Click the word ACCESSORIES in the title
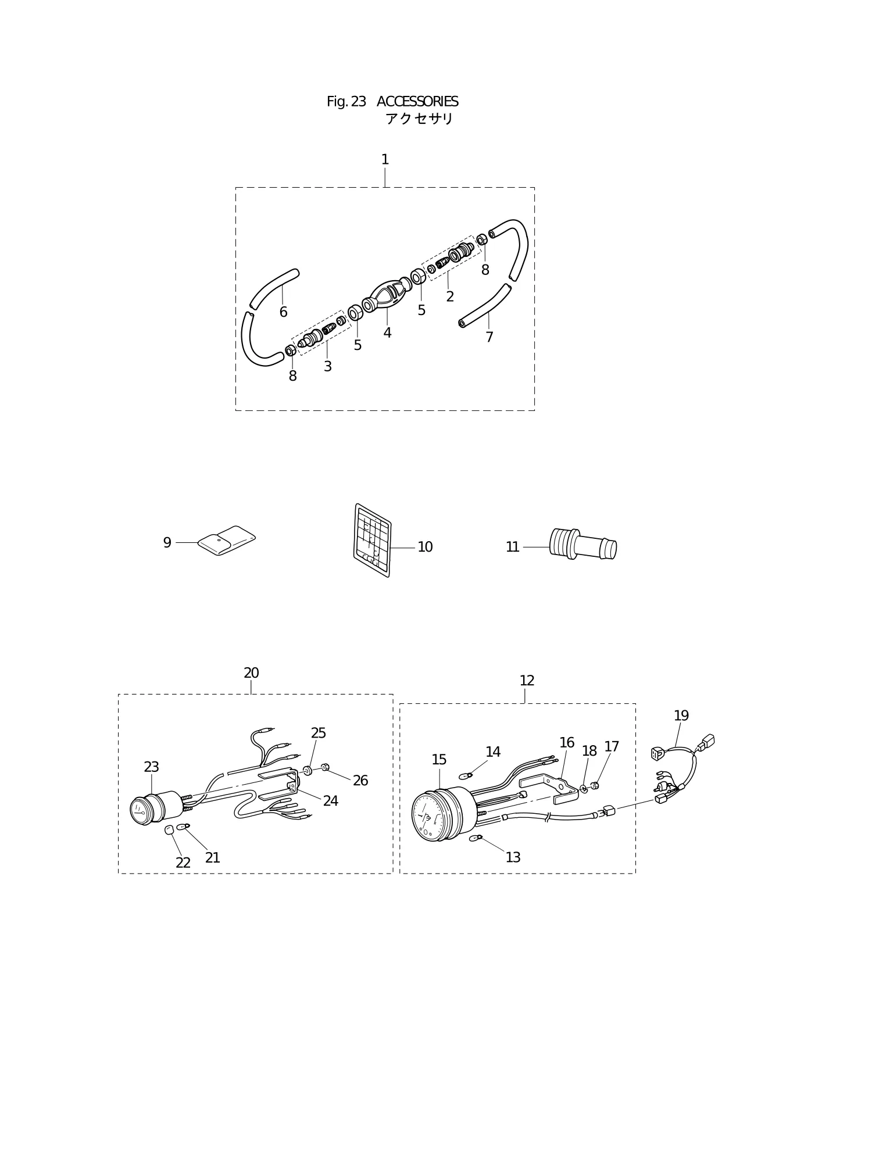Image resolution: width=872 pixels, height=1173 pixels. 417,102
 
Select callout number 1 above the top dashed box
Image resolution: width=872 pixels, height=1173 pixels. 385,159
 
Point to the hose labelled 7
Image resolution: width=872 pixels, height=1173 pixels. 485,306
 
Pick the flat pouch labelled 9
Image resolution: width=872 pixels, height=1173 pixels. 227,541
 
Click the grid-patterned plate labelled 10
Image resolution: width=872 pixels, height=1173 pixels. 373,540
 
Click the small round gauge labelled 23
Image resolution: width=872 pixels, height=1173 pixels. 148,807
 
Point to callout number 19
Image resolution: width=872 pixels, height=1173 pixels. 681,716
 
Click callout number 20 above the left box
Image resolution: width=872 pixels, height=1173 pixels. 251,673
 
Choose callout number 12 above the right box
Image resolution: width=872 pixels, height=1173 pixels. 527,681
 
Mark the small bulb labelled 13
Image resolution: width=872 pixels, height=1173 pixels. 476,838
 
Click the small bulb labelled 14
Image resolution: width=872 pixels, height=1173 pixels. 466,775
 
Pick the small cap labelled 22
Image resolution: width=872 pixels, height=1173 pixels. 170,829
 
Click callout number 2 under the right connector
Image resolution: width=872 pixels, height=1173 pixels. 450,296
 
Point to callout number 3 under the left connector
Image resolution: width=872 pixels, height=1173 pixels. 328,367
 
